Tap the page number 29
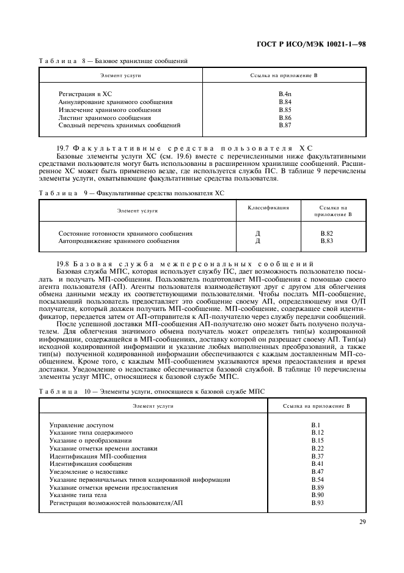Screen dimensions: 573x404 click(x=362, y=522)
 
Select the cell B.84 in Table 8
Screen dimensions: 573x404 click(x=285, y=102)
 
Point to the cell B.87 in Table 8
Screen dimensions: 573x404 click(x=285, y=125)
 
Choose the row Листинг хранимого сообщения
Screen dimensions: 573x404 click(x=105, y=118)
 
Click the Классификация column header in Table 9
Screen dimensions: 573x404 click(x=268, y=208)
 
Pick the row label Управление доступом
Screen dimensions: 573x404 click(x=81, y=425)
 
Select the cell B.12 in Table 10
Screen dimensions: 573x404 click(x=317, y=433)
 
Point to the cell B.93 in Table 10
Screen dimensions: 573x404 click(x=317, y=503)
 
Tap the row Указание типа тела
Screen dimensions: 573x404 click(x=79, y=495)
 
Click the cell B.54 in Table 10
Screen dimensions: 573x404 click(x=317, y=479)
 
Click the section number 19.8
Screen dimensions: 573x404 click(x=63, y=262)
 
